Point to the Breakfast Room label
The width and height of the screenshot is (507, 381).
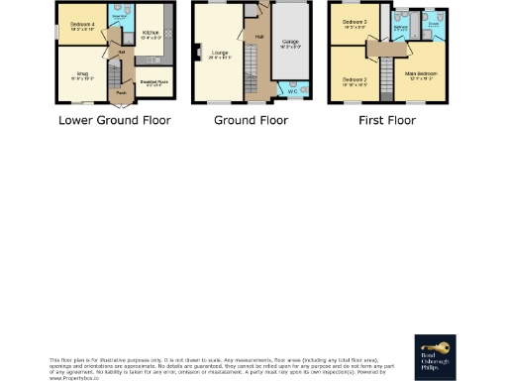(x=152, y=84)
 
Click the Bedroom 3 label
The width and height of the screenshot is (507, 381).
(x=354, y=24)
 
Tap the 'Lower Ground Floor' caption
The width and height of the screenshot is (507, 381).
(x=114, y=120)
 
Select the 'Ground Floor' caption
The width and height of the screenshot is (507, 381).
(x=252, y=120)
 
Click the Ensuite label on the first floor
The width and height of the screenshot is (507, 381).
(x=433, y=28)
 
